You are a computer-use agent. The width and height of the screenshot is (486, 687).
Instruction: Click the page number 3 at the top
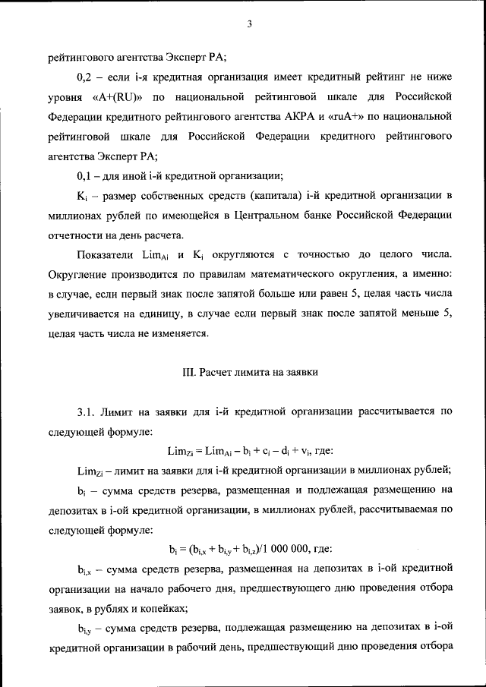pos(249,24)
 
